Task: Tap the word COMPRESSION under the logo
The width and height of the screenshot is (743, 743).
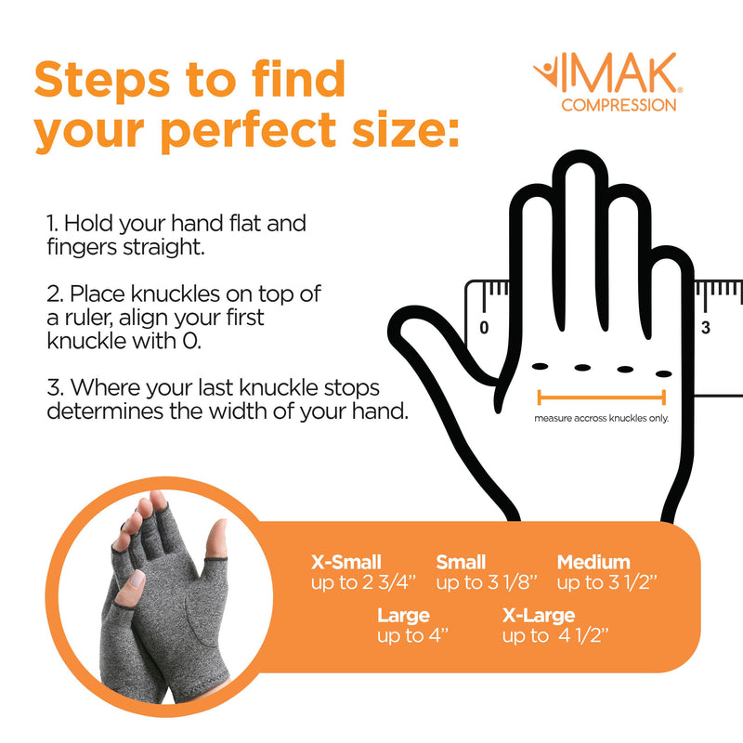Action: pos(619,105)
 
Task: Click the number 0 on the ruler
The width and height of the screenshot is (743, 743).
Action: pos(483,327)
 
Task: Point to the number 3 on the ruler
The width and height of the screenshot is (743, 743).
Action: pos(705,327)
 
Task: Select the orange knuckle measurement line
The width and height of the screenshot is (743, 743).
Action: pos(602,398)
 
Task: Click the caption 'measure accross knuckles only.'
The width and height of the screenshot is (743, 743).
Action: pos(601,418)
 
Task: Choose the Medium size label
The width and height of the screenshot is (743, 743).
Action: pos(593,562)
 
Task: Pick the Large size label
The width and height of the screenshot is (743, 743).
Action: pos(403,615)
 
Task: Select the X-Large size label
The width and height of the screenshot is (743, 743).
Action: pos(539,615)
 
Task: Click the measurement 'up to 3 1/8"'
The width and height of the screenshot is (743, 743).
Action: pos(474,583)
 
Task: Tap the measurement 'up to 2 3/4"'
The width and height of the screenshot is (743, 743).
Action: pos(361,583)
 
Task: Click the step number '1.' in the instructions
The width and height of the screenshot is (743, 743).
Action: pos(53,224)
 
